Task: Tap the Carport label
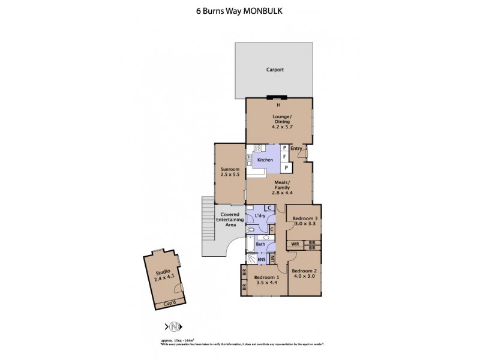275,70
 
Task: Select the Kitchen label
265,160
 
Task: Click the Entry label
296,148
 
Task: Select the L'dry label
260,215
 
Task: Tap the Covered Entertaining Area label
230,219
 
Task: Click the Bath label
261,244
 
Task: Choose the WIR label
295,244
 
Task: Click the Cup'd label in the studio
170,304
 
